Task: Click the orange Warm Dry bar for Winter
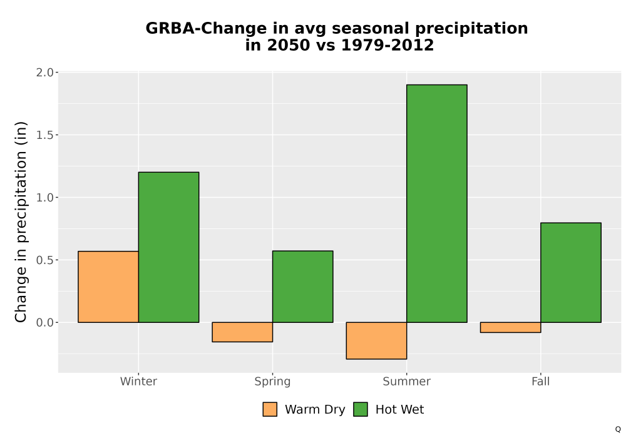108,287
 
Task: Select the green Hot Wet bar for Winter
168,247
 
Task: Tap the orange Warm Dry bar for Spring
242,332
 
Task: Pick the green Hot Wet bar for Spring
302,287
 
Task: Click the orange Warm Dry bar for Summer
376,340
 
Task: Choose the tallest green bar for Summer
437,203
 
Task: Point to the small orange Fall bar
511,327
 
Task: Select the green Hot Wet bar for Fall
571,272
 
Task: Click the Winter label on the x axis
138,381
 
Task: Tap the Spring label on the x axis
273,382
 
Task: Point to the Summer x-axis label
407,381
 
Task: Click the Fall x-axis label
541,381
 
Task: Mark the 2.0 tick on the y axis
44,73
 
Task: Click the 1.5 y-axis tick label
44,135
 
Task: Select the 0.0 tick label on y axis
44,322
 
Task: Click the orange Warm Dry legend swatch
270,409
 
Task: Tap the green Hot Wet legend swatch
361,409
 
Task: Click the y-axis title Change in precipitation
21,222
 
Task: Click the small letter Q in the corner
618,430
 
